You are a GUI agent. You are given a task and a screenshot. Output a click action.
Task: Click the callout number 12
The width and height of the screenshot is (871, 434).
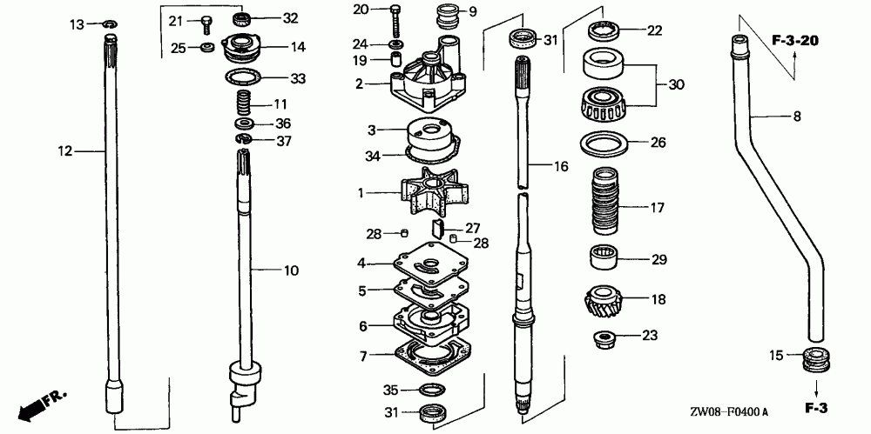(64, 151)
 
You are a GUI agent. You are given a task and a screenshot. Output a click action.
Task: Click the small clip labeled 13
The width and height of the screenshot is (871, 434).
(110, 23)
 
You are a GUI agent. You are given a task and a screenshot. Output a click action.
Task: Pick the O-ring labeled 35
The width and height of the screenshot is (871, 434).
(432, 390)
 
